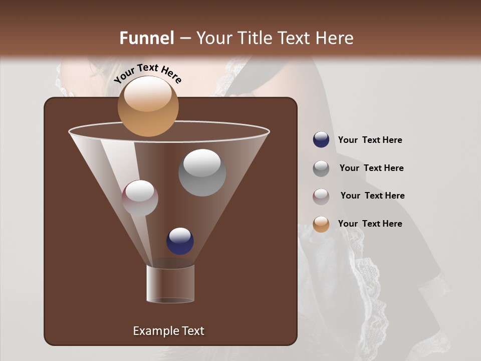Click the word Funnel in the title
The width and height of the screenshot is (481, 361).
pos(147,38)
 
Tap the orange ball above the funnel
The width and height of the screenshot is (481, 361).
pos(148,106)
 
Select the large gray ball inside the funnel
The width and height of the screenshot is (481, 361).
pos(202,172)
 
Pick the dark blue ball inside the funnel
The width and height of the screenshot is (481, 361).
pos(180,241)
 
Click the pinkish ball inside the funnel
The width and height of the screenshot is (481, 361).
pos(140,198)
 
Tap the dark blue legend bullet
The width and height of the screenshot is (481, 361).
pos(321,140)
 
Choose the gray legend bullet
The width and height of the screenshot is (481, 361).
pos(321,168)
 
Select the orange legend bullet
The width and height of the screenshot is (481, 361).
pos(321,224)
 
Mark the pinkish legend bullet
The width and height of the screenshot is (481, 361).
pos(321,196)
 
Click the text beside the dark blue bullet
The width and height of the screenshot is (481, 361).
pos(370,140)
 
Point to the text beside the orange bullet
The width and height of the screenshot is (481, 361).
pos(370,224)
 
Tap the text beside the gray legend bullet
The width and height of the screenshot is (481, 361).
pos(371,168)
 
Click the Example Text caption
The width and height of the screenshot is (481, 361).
pos(168,331)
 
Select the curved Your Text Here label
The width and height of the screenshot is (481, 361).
pos(148,73)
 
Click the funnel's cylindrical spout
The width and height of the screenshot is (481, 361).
pos(170,284)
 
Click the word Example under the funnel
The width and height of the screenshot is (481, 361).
pos(151,331)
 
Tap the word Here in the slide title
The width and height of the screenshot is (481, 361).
pos(335,38)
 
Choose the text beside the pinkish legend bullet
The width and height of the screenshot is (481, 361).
pos(372,196)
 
